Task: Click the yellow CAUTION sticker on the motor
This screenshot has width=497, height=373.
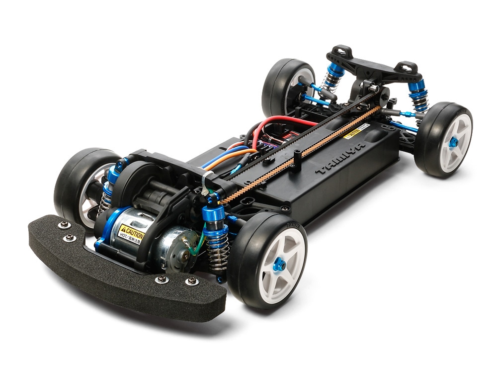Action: [x=131, y=232]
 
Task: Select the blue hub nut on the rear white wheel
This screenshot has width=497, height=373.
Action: [x=453, y=142]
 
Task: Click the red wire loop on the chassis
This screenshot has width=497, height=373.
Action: [x=278, y=122]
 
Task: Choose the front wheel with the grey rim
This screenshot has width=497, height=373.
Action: [x=82, y=184]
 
